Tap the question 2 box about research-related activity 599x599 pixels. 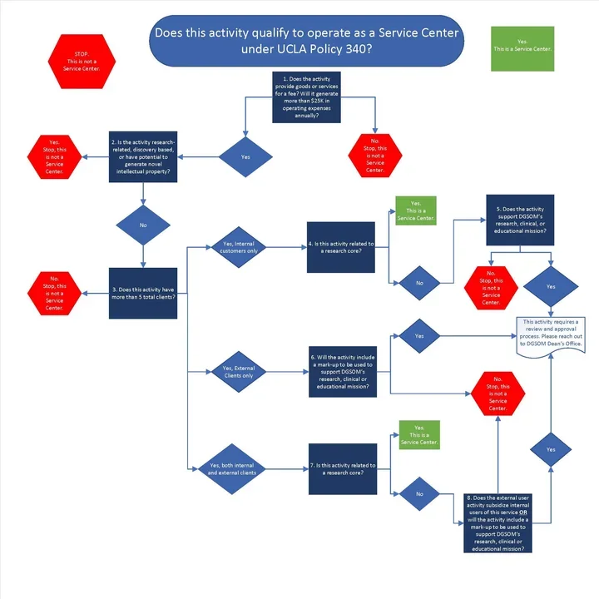[143, 156]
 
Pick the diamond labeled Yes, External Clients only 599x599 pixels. [240, 371]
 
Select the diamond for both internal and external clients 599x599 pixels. [240, 470]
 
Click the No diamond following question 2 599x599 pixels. [143, 225]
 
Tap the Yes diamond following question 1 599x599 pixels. [245, 156]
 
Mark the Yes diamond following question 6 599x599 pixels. [419, 336]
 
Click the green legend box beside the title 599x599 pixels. [522, 45]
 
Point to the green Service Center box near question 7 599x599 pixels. [419, 435]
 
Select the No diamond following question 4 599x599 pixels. [419, 283]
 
